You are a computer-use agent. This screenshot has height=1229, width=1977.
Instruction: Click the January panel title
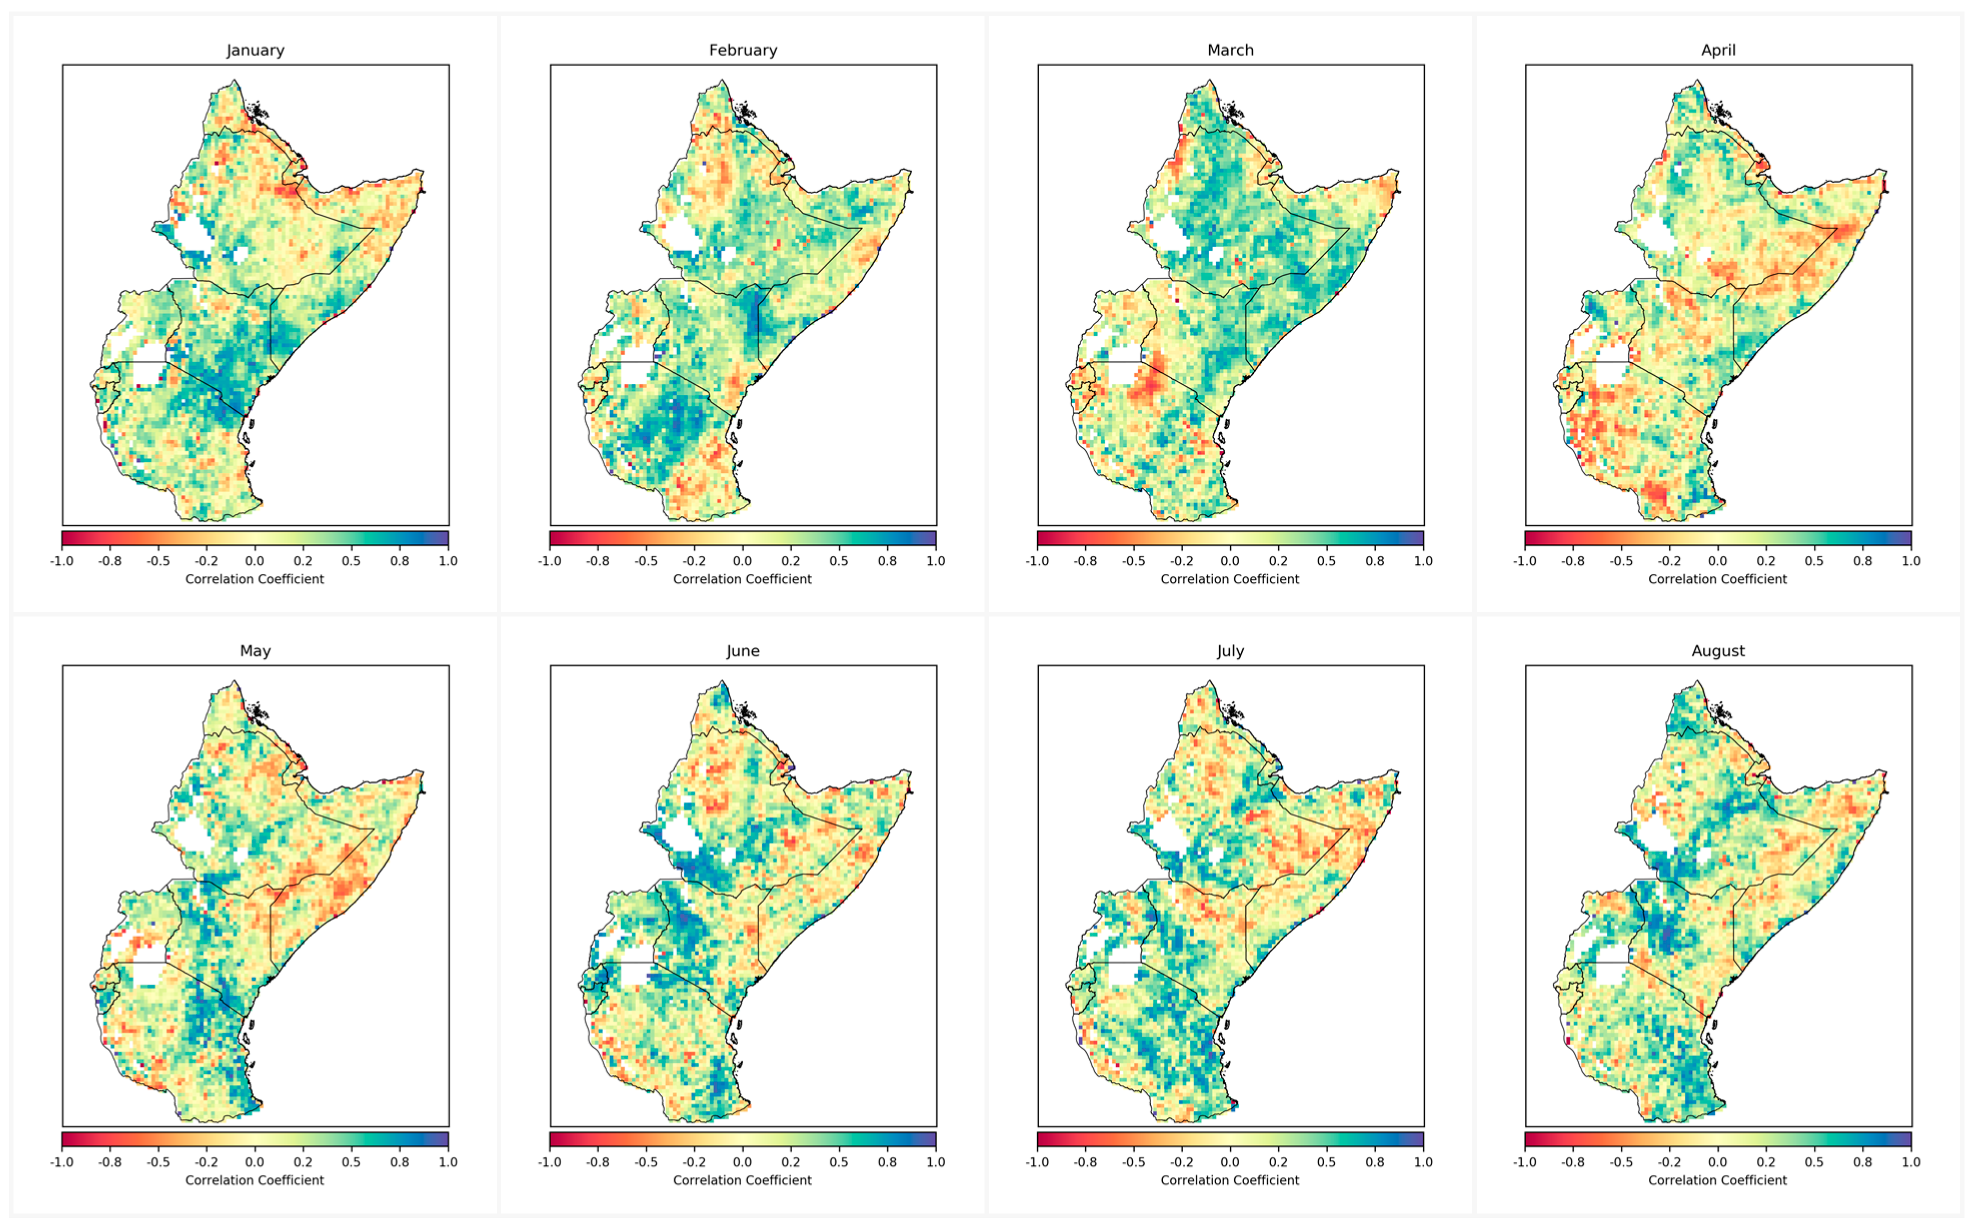click(255, 51)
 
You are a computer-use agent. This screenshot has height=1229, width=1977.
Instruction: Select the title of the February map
click(743, 51)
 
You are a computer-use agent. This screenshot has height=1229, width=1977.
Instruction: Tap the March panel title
click(1230, 51)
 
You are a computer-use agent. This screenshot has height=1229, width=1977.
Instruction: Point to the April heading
click(1718, 51)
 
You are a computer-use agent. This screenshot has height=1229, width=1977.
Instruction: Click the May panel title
click(255, 651)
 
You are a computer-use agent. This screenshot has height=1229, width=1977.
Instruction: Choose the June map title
click(743, 651)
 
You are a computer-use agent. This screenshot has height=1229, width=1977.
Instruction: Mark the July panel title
click(1230, 651)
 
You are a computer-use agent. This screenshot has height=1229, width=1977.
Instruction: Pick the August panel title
click(1718, 651)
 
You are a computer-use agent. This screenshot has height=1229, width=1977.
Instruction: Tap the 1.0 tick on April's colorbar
click(1911, 561)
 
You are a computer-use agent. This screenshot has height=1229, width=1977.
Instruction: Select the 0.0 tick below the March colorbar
click(1230, 561)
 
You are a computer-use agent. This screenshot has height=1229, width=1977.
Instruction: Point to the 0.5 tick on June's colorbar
click(838, 1162)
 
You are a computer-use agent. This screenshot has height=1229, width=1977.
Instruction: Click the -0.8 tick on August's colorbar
click(1573, 1162)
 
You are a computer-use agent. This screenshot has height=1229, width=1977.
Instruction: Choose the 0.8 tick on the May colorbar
click(400, 1162)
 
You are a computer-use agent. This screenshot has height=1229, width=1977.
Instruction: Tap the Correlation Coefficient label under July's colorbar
click(1230, 1180)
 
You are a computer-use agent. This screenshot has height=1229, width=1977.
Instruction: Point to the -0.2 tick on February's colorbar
click(694, 561)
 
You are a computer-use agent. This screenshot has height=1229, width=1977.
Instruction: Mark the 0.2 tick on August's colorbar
click(1766, 1162)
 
